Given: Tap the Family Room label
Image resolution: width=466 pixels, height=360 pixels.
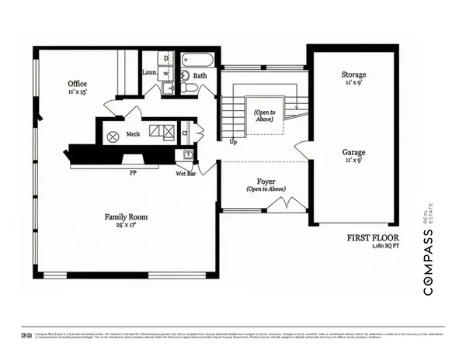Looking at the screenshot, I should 127,217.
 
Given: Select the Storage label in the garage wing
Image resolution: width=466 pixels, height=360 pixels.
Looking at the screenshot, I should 353,75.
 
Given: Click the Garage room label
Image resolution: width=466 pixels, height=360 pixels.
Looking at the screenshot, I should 353,153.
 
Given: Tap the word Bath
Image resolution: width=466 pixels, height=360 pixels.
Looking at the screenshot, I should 200,76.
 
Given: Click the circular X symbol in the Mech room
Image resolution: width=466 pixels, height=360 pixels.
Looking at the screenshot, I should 112,137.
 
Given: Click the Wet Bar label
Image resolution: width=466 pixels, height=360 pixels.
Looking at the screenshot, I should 185,174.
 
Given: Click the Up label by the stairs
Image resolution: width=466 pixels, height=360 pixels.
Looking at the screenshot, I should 233,143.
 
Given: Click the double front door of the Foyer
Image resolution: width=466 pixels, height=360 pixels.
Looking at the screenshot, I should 277,205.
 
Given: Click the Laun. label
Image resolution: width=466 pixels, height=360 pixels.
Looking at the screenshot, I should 151,73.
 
